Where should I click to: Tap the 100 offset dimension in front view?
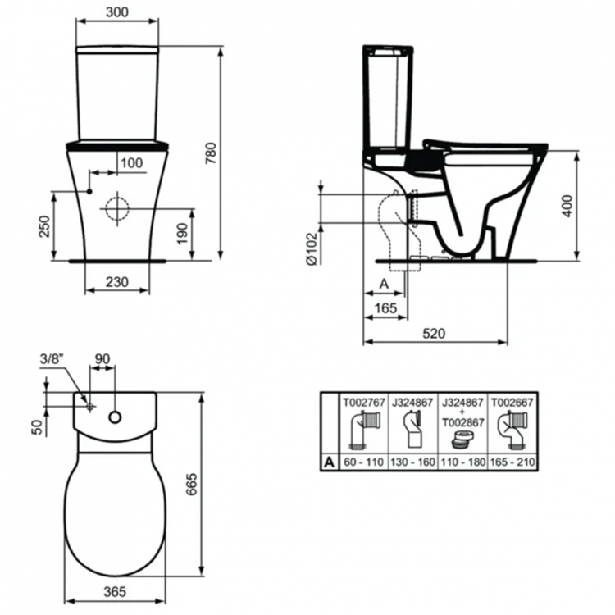tap(130, 163)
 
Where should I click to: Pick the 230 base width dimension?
tap(118, 280)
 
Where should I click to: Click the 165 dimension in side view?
tap(384, 307)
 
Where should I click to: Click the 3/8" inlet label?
tap(51, 358)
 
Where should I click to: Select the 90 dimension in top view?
tap(102, 358)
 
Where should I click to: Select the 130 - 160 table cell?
tap(414, 462)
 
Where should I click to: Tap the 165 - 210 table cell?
tap(513, 462)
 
